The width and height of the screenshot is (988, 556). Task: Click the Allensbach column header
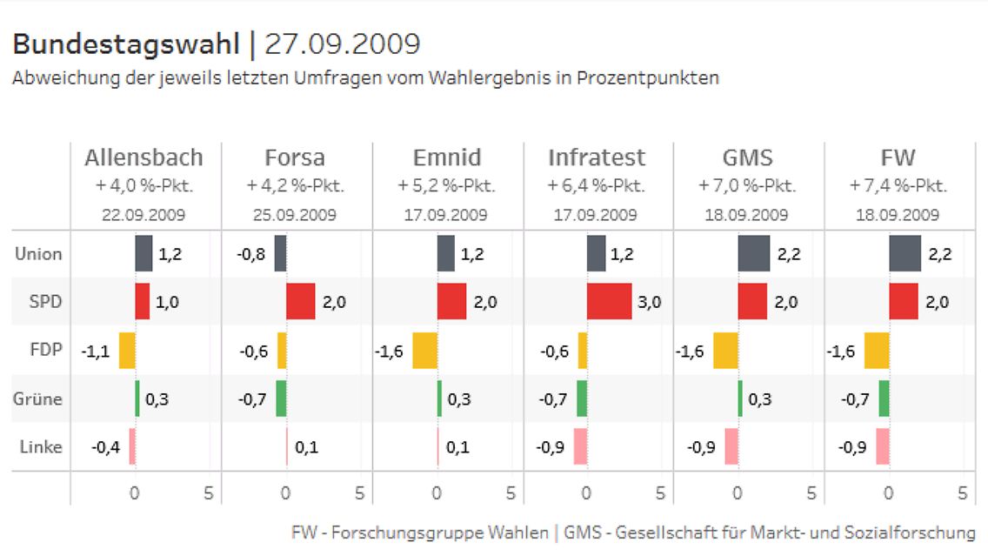point(144,157)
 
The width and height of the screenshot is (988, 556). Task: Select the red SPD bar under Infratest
point(609,302)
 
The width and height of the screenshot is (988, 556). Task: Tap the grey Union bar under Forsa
point(280,254)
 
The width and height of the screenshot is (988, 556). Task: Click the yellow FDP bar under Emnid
point(424,351)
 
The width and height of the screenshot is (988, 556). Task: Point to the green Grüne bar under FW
point(884,399)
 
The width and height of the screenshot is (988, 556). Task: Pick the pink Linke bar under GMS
point(731,446)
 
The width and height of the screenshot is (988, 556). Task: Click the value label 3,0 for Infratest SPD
point(650,303)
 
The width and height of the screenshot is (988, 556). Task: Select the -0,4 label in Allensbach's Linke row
point(106,447)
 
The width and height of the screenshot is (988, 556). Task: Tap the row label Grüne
point(37,399)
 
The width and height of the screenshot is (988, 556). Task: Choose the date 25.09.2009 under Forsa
point(295,215)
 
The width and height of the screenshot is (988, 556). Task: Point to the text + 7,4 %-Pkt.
point(898,186)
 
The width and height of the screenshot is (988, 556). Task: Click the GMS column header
point(748,157)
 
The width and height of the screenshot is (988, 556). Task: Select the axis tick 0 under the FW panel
point(888,492)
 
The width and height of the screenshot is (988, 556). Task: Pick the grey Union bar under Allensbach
point(144,254)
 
